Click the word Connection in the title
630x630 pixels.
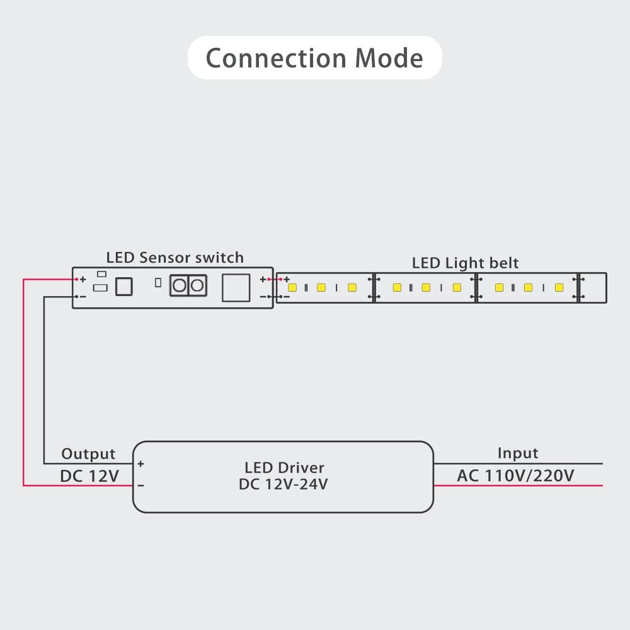point(275,58)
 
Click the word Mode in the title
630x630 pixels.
point(389,58)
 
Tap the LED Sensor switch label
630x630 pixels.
point(175,257)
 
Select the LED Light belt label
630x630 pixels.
point(466,263)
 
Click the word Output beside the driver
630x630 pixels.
point(88,454)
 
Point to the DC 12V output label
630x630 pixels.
point(89,476)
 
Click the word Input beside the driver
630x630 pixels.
point(518,453)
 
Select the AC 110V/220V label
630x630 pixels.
point(515,475)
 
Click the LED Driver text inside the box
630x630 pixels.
point(284,467)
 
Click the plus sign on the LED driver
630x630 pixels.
point(140,464)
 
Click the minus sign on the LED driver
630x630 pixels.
point(140,486)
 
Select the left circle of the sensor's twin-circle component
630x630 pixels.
point(180,286)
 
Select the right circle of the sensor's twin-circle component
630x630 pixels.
point(197,286)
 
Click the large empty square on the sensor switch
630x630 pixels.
point(236,287)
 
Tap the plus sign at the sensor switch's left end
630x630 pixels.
point(83,279)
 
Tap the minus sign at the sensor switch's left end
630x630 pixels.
point(83,296)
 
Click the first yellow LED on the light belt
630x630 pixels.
point(292,287)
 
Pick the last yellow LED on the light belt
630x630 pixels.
point(559,287)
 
